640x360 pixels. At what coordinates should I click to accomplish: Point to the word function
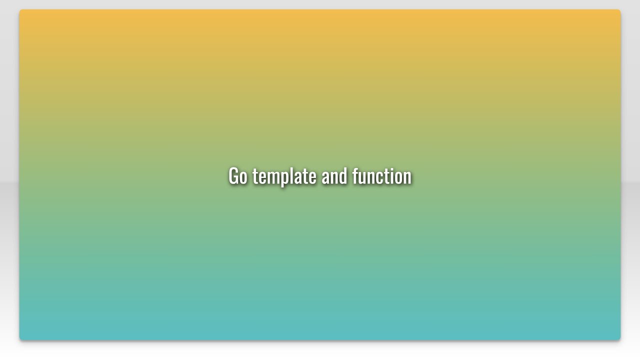tap(381, 176)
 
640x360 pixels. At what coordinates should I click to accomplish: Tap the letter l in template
tap(292, 175)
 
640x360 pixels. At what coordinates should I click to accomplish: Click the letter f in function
tap(355, 175)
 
